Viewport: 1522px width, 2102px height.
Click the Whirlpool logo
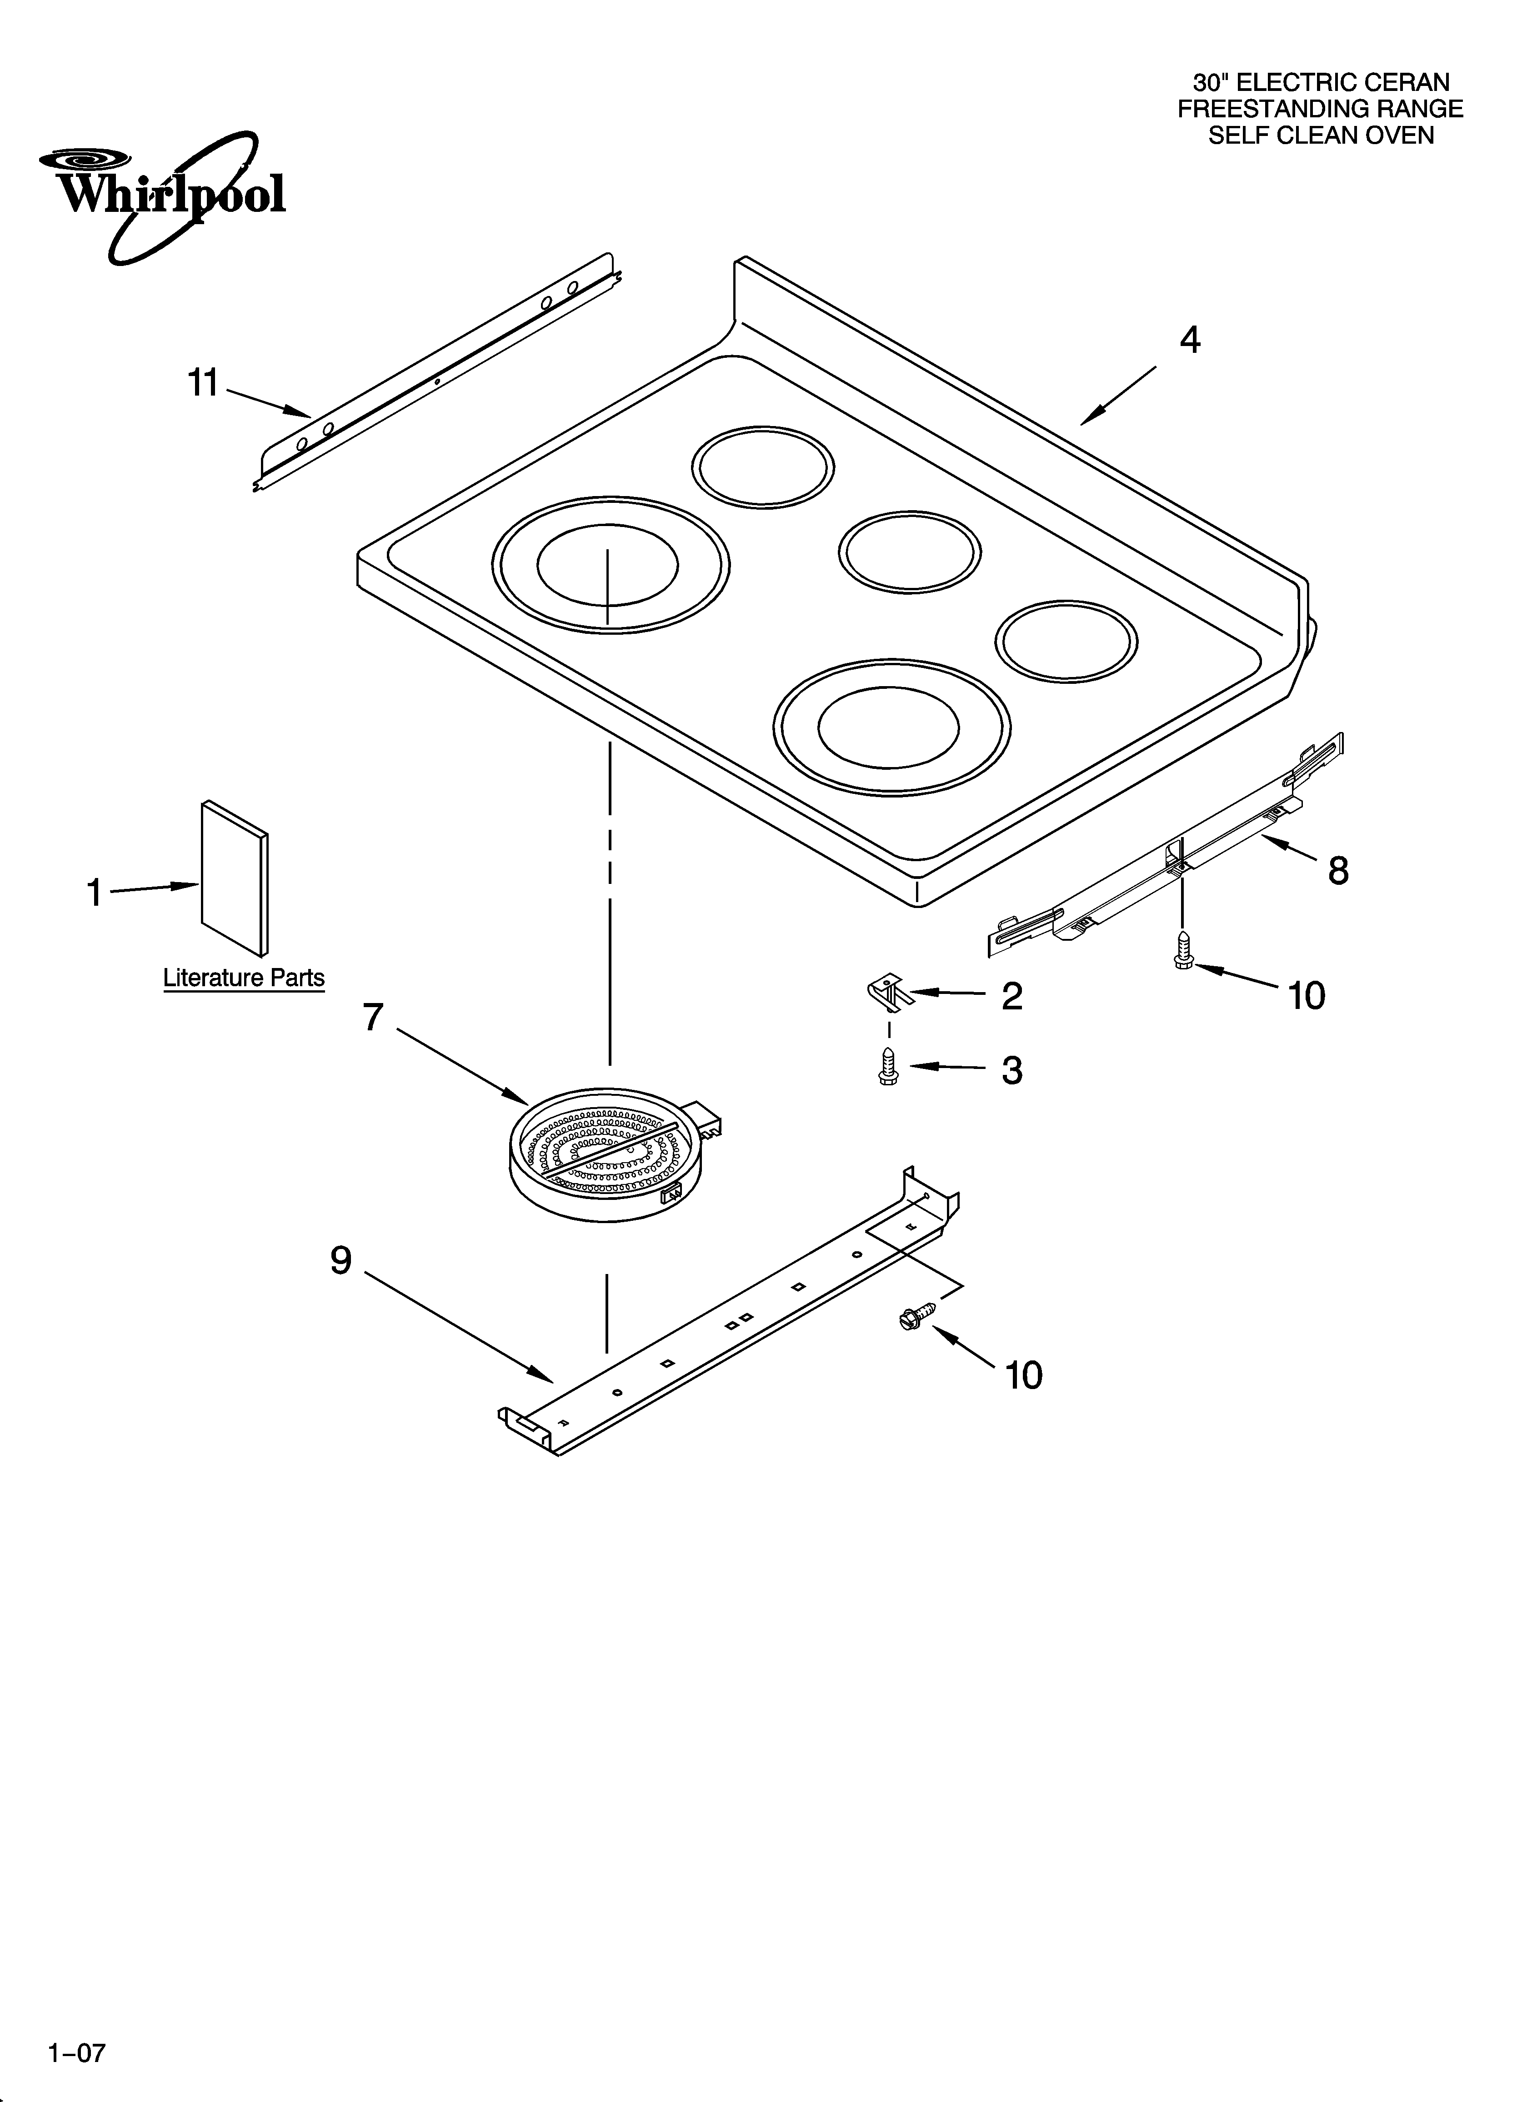click(x=162, y=195)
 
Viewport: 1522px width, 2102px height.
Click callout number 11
click(x=203, y=383)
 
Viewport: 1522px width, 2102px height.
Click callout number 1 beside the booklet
click(x=94, y=893)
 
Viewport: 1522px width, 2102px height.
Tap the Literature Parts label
click(x=244, y=978)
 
